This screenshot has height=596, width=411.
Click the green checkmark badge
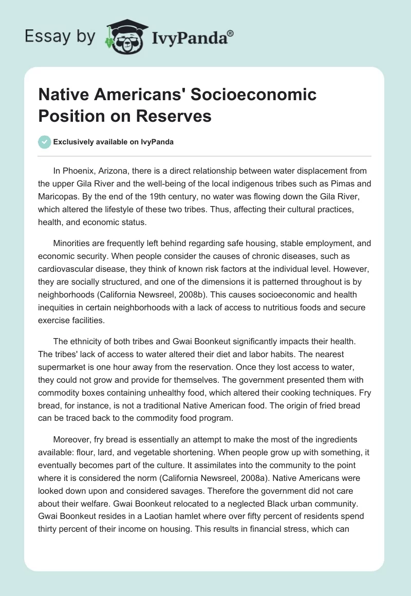45,142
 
